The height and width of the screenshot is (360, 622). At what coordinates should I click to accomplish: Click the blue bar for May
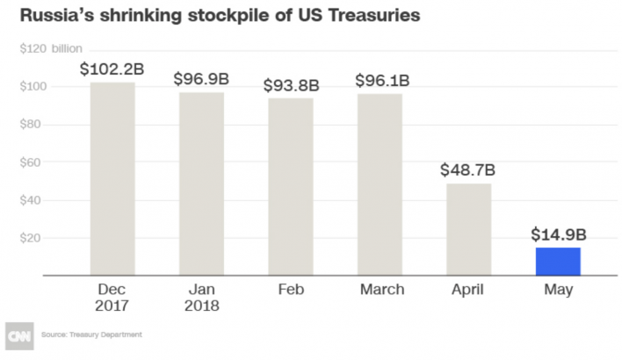click(558, 261)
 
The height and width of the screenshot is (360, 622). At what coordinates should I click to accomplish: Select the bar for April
click(469, 228)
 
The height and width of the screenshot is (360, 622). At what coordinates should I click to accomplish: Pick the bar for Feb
click(291, 186)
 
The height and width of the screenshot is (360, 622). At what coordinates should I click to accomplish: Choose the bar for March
click(380, 184)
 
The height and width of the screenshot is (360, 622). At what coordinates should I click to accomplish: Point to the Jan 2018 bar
click(202, 183)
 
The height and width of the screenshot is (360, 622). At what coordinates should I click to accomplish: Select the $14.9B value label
click(558, 234)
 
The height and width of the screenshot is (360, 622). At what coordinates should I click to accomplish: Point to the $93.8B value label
click(291, 85)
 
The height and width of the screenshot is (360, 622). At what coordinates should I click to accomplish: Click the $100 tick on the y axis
click(31, 86)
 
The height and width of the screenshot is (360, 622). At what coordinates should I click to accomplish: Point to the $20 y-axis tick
click(33, 237)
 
